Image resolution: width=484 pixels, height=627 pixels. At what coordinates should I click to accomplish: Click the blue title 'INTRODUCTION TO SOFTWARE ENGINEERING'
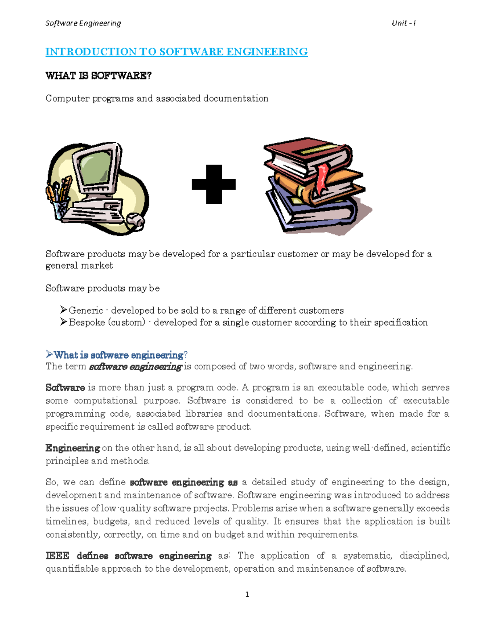(x=176, y=52)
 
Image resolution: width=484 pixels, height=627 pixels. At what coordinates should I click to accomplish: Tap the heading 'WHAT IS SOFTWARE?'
(x=98, y=75)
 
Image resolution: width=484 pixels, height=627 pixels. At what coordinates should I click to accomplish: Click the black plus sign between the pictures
(x=214, y=184)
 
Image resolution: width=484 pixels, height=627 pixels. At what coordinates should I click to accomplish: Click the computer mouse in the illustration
(x=136, y=220)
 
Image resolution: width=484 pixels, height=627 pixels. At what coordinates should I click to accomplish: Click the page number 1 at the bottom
(x=247, y=594)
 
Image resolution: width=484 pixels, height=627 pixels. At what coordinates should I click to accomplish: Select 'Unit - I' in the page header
(x=403, y=23)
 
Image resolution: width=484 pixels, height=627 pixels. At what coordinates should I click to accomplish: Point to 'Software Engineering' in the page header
(x=83, y=23)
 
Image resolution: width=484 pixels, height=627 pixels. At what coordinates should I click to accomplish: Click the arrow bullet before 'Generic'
(x=63, y=310)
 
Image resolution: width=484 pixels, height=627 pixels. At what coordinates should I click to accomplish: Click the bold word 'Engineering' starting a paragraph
(x=73, y=448)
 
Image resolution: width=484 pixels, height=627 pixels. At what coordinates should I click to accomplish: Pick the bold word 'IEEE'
(x=57, y=556)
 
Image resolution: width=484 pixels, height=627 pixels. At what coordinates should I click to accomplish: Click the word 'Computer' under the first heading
(x=67, y=99)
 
